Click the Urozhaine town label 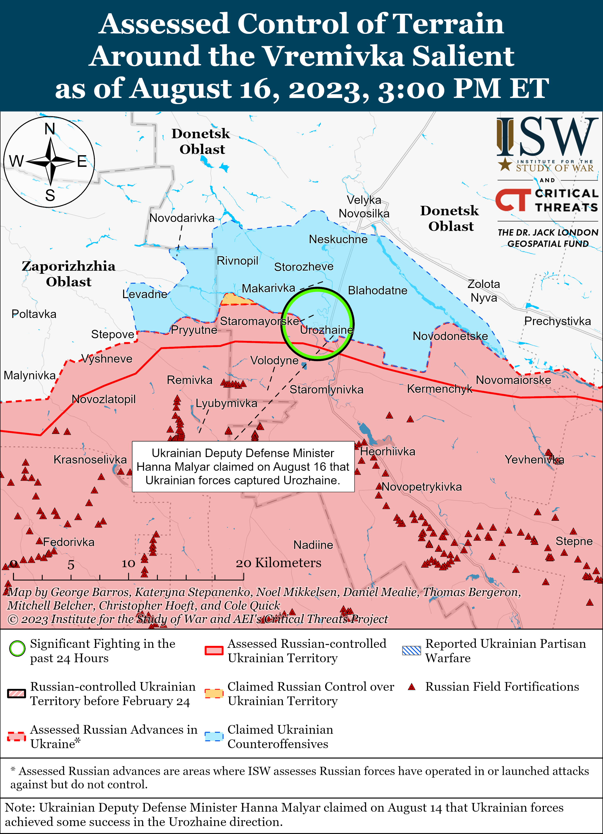pyautogui.click(x=326, y=330)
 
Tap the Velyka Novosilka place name pyautogui.click(x=364, y=207)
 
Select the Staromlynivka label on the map pyautogui.click(x=326, y=389)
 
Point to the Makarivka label pyautogui.click(x=268, y=288)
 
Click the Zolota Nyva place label pyautogui.click(x=484, y=291)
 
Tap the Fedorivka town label pyautogui.click(x=69, y=542)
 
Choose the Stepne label pyautogui.click(x=574, y=541)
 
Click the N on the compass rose pyautogui.click(x=50, y=129)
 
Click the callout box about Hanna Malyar pyautogui.click(x=243, y=467)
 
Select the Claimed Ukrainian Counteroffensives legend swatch pyautogui.click(x=214, y=737)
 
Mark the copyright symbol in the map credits pyautogui.click(x=13, y=620)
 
